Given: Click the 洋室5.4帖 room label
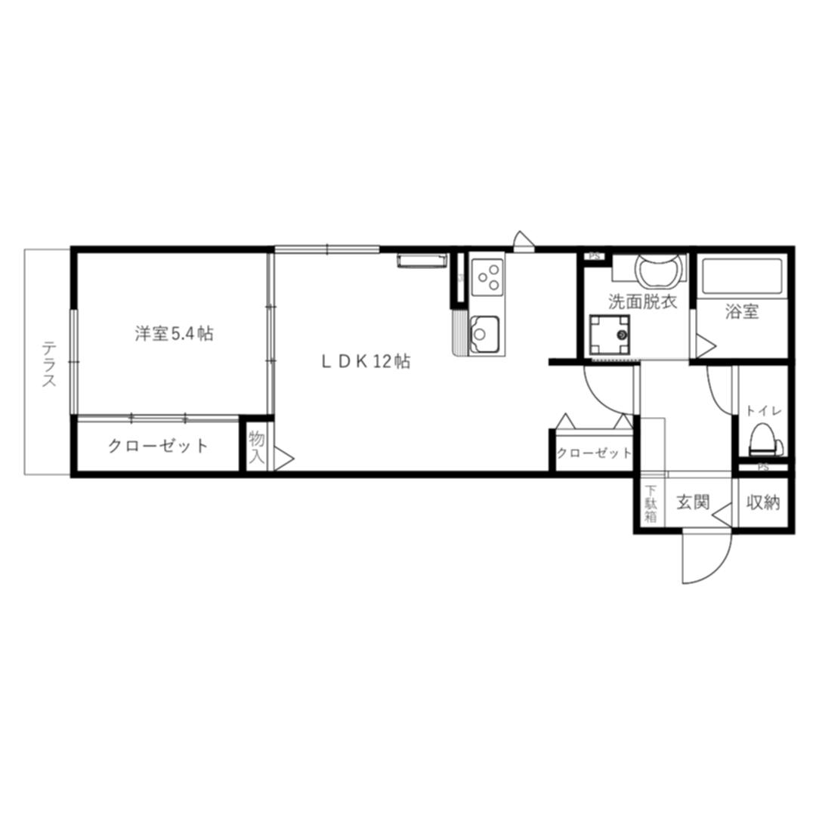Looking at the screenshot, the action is pos(175,333).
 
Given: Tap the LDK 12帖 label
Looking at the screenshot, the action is pos(366,361).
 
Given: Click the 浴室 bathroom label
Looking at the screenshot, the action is pos(742,312).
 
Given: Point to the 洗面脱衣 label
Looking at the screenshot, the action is pos(643,301).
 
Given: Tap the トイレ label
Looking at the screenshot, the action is pos(764,410).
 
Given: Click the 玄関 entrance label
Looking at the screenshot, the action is pos(693,502).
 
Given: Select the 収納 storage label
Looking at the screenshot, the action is pos(763,502).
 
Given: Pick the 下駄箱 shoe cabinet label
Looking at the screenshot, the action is pos(651,503).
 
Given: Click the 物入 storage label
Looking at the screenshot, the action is pos(257,448).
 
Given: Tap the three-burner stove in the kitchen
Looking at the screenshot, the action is pos(487,277).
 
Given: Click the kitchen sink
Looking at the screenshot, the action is pos(484,334).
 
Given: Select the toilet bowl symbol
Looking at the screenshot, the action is pos(765,440).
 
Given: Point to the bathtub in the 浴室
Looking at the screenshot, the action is pos(742,276).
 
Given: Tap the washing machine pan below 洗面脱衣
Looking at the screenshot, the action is pos(610,335).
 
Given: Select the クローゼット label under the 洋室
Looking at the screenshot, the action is pos(158,446).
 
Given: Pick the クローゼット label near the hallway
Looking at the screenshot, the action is pos(594,453).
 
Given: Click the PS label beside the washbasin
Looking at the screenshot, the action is pos(594,256).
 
